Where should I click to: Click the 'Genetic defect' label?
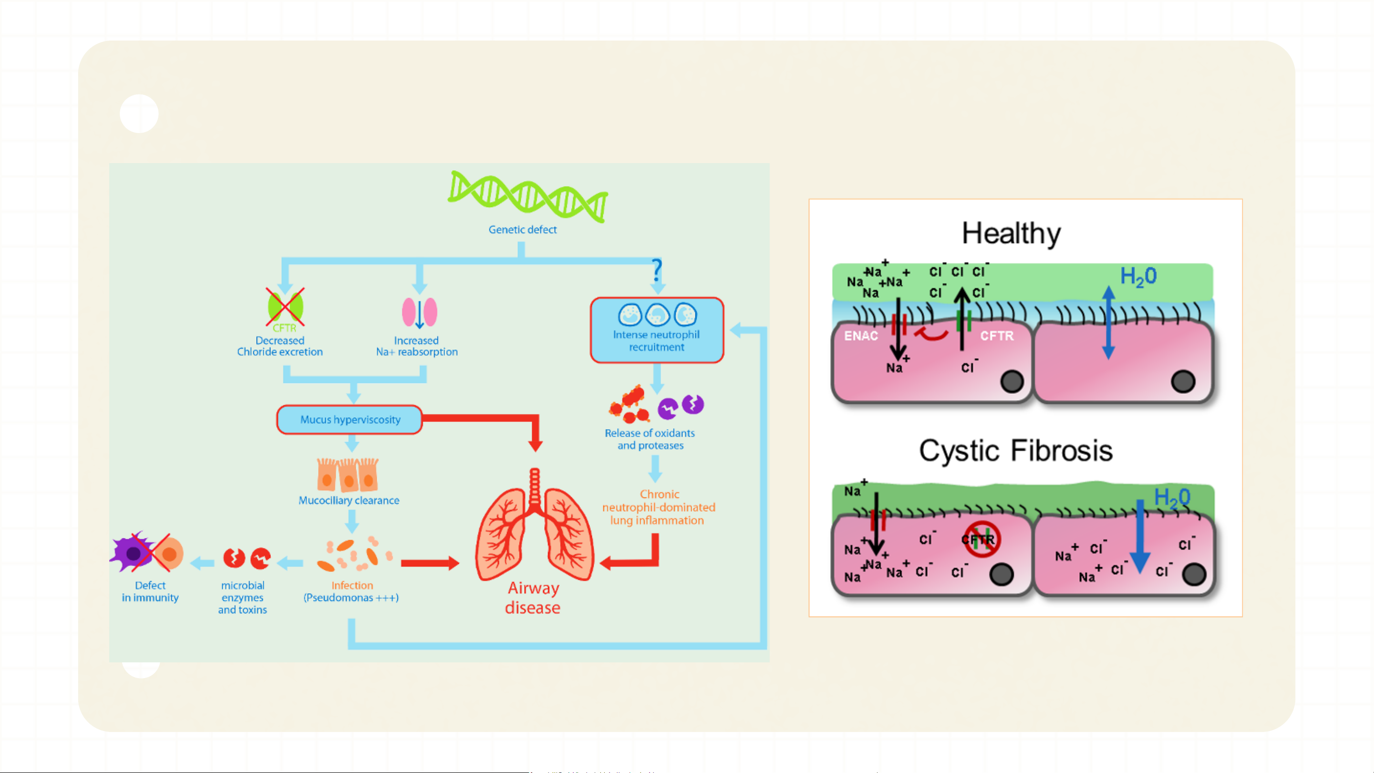point(522,229)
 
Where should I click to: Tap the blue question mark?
point(657,270)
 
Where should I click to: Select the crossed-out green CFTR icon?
point(285,308)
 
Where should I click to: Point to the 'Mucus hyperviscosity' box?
point(350,420)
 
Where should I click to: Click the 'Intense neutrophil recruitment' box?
point(657,330)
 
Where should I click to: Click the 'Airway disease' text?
point(533,598)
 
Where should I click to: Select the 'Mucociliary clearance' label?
point(349,500)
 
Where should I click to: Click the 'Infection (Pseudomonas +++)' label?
point(351,592)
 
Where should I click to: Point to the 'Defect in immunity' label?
point(150,592)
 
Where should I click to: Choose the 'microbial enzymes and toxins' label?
point(243,598)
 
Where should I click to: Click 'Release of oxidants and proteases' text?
point(650,439)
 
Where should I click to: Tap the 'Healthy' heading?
point(1011,233)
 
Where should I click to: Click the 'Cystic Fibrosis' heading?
point(1015,451)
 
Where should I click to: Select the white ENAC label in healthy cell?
point(861,336)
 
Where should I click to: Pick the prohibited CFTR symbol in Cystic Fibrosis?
point(981,539)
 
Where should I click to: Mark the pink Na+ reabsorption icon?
point(419,312)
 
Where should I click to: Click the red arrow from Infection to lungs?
point(430,563)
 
